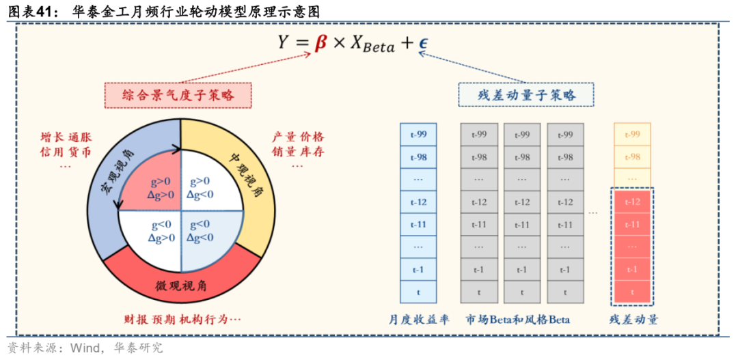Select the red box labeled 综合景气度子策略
178,96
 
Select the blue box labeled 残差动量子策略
525,95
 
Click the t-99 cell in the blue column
418,135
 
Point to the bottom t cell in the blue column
418,292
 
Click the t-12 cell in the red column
632,202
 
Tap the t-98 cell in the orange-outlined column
632,157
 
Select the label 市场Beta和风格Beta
518,320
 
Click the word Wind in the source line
83,348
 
